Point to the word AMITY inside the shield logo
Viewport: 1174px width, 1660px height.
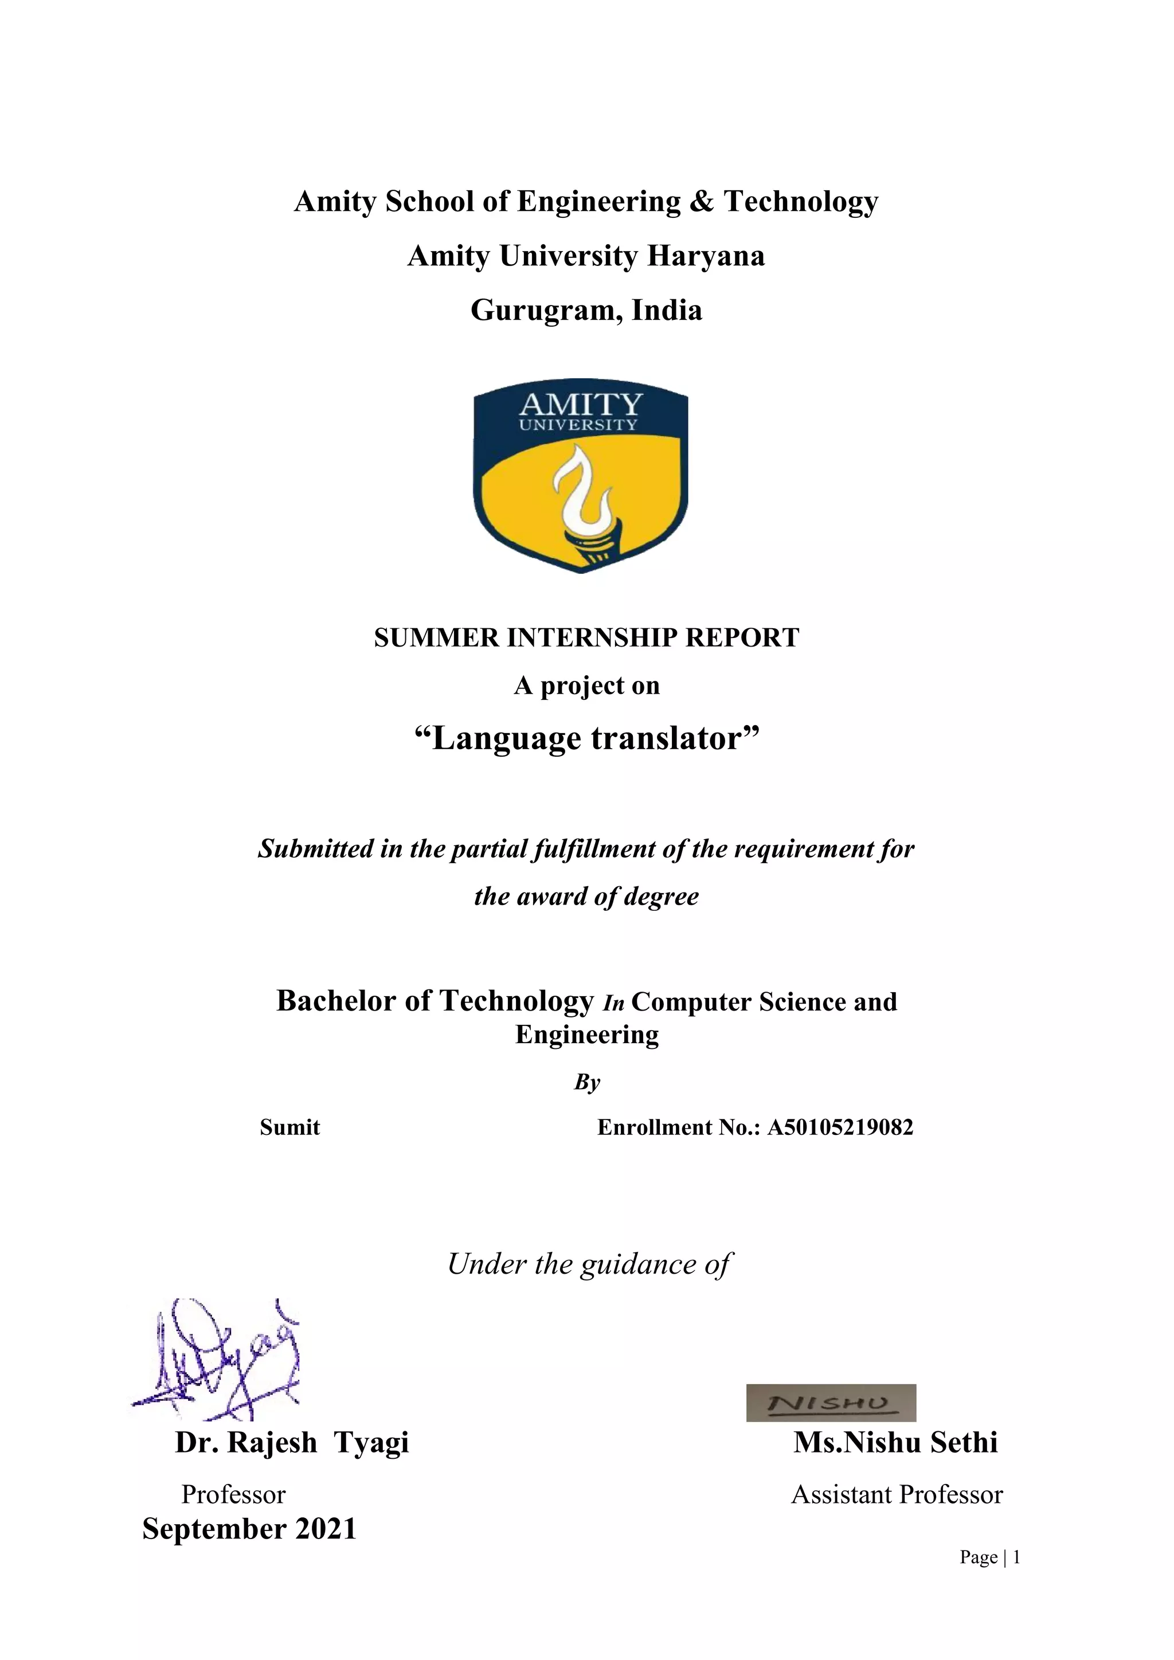581,404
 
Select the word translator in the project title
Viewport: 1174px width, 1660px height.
676,738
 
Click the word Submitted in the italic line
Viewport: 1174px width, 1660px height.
315,848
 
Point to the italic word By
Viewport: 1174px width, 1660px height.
586,1082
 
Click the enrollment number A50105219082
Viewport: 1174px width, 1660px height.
840,1127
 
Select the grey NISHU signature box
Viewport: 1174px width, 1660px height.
831,1403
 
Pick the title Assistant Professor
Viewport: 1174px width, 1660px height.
897,1494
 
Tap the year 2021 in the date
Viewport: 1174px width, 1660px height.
326,1529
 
